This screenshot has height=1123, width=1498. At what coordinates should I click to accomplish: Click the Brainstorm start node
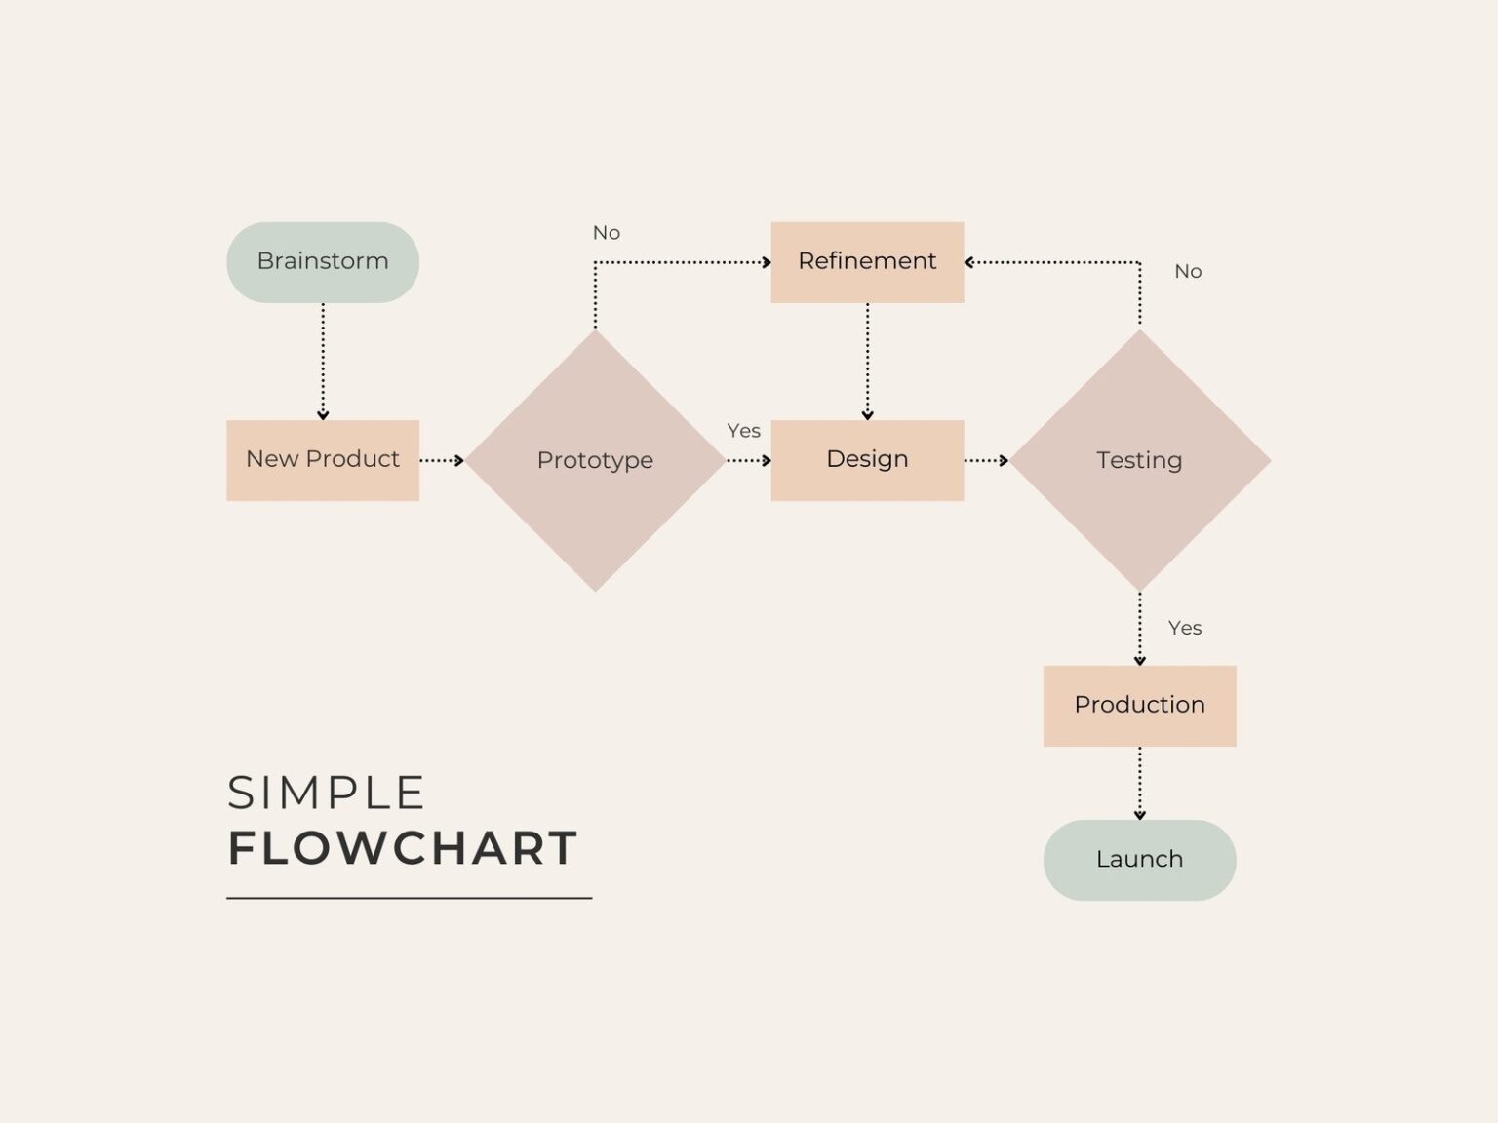323,262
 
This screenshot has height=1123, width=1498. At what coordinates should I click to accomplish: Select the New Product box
323,460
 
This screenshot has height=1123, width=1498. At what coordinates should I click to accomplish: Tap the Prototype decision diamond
595,460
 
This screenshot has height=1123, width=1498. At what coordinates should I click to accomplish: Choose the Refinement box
867,262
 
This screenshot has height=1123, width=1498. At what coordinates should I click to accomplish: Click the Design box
867,460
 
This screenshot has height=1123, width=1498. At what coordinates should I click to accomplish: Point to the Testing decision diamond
1139,460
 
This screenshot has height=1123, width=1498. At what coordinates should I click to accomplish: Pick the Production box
1139,706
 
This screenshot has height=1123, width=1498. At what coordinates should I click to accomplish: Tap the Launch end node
1139,860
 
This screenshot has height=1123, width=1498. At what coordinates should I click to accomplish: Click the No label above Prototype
607,233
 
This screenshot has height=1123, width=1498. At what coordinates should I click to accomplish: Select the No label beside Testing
1188,272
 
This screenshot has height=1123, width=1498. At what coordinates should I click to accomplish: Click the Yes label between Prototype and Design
743,431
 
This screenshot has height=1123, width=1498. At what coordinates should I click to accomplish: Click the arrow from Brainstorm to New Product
323,361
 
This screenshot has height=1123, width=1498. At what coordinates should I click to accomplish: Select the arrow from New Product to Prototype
442,460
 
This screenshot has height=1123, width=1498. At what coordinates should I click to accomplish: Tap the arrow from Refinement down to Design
867,361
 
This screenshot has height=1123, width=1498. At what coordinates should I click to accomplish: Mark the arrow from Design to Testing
986,460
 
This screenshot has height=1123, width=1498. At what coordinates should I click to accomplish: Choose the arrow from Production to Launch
1139,783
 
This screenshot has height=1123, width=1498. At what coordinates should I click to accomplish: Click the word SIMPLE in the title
326,794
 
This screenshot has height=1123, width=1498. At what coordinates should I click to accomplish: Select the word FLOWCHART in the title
403,849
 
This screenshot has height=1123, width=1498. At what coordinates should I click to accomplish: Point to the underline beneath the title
410,898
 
